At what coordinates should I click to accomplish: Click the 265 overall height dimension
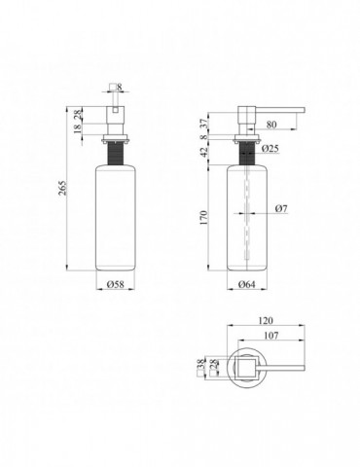click(x=63, y=188)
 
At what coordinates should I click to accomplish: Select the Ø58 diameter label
click(x=116, y=284)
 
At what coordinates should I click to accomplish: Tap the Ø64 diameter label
click(x=247, y=284)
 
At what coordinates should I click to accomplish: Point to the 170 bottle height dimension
click(x=203, y=218)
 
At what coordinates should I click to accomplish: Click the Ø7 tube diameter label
click(x=281, y=208)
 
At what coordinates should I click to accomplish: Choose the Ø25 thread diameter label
click(x=270, y=149)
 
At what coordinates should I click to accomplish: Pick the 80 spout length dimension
click(x=271, y=125)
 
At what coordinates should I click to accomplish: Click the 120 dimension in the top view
click(x=266, y=320)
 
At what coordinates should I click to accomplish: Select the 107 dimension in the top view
click(x=271, y=336)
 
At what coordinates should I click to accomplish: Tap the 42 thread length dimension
click(x=203, y=152)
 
